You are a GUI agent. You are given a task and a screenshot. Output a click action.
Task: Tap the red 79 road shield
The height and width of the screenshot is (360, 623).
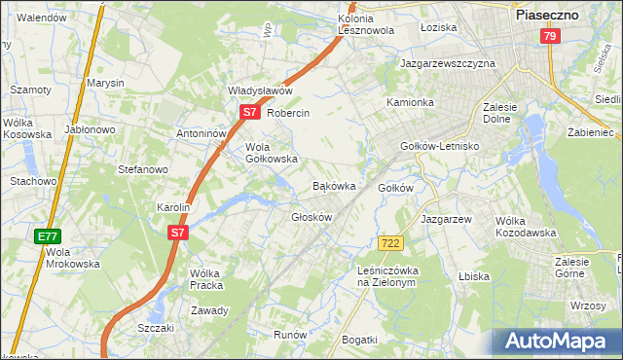551,36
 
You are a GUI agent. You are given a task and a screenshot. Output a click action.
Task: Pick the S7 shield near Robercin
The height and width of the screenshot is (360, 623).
249,112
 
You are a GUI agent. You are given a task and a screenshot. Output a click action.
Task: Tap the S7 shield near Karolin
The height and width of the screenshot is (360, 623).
176,233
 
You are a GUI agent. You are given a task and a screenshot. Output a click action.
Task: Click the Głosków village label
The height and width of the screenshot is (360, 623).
312,217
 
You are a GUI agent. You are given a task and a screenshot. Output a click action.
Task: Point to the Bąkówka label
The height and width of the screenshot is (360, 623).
333,185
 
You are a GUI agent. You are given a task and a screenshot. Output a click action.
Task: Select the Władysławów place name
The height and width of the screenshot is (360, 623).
260,90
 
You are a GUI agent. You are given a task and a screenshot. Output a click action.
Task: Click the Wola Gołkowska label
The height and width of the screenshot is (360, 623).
265,153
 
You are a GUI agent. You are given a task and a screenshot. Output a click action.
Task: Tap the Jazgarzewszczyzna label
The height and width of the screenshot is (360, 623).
448,63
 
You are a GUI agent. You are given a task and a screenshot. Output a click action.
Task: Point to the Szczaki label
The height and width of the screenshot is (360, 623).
156,328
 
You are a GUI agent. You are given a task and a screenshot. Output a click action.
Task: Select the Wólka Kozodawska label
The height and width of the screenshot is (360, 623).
525,226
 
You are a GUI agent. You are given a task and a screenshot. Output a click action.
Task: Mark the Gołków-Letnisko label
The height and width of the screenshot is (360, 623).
441,146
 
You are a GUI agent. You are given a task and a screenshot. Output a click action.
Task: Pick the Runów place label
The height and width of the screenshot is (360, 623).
290,335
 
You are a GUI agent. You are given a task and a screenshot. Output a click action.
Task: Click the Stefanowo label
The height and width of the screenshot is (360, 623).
143,169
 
